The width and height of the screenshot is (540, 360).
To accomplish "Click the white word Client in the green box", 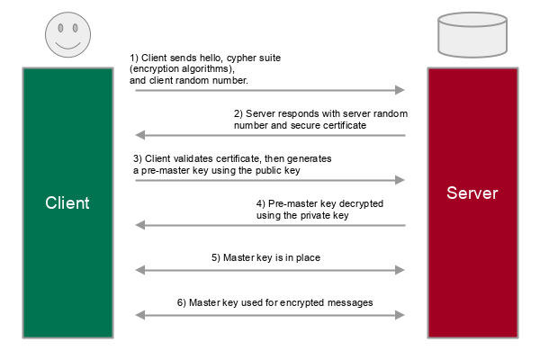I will pos(67,202).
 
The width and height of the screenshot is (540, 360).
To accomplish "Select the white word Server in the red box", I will pos(472,193).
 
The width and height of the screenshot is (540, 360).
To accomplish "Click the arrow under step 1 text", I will pos(270,90).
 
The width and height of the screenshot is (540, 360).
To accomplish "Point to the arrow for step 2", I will pos(270,135).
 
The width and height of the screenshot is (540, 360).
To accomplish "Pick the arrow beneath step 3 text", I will pos(270,180).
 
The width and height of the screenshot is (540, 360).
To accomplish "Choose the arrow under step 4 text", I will pos(270,225).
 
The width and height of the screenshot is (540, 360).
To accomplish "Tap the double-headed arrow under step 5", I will pos(270,269).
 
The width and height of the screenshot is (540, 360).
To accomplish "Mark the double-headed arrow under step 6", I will pos(270,314).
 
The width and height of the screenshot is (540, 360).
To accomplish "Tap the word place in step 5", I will pos(307,257).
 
